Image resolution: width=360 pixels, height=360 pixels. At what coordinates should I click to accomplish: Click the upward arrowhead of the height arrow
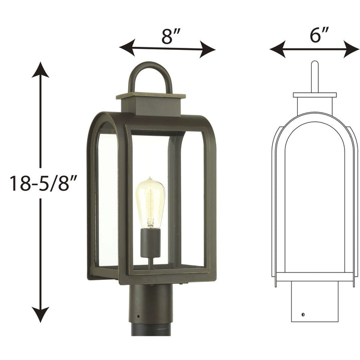(40, 69)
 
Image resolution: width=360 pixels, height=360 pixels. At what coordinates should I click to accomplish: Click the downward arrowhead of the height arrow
(40, 314)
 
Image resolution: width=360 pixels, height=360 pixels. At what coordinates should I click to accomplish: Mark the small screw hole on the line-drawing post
(303, 314)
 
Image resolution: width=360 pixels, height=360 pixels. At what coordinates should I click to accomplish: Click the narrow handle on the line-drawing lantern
(315, 77)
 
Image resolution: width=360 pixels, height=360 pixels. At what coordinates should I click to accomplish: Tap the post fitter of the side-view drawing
(315, 303)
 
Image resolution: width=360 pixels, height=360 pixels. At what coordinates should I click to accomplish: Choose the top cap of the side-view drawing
(315, 95)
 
